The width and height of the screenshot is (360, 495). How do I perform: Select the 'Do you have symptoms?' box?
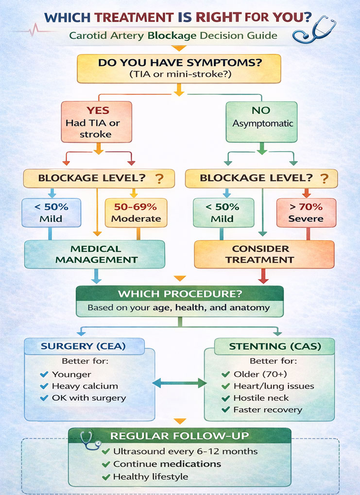point(179,68)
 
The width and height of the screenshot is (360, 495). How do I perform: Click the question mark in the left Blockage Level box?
point(158,179)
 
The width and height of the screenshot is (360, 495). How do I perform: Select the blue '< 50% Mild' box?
point(51,212)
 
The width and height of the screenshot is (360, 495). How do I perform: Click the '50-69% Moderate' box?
point(136,212)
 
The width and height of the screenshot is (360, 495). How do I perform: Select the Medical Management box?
point(95,254)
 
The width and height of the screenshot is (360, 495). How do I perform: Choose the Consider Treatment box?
point(263,254)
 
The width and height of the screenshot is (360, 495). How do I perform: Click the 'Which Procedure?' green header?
point(179,295)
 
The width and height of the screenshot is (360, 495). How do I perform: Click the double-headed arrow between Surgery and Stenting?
point(179,383)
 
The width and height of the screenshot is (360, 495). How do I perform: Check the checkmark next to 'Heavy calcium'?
point(45,386)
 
